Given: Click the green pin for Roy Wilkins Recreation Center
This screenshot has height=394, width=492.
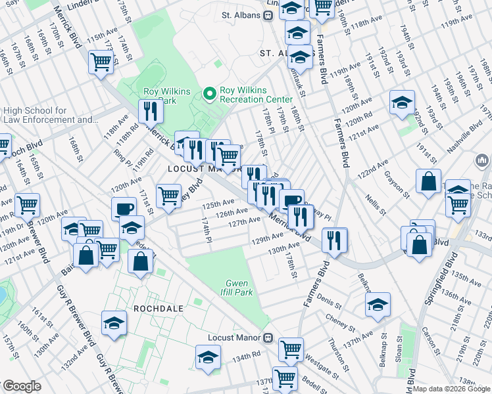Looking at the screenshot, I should (210, 95).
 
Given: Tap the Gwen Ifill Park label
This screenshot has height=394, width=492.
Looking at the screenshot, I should (239, 288).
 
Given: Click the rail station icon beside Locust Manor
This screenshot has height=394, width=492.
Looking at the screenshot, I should (268, 338).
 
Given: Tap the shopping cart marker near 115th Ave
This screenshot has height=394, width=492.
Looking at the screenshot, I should (101, 62).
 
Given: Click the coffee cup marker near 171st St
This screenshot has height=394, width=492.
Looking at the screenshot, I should (123, 209).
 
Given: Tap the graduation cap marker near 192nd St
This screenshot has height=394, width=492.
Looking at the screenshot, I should (401, 102).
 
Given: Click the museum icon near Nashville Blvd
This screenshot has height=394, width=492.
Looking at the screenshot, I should (481, 160).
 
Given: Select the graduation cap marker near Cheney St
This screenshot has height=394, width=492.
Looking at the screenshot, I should (378, 304).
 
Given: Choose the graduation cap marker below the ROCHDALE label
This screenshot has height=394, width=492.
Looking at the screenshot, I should (114, 323).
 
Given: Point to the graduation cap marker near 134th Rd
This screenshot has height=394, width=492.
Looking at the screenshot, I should (207, 358).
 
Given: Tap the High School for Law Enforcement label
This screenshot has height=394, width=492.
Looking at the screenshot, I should (50, 116).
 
